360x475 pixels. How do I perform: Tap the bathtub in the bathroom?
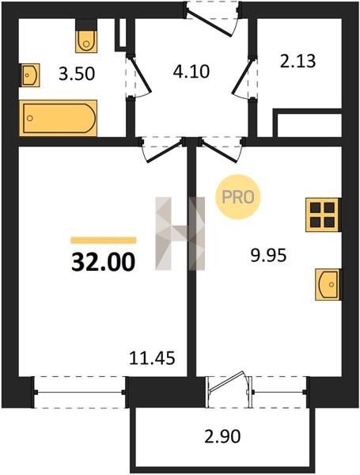[58, 118]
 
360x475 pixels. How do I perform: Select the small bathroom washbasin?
[30, 75]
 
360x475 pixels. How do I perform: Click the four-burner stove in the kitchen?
[322, 215]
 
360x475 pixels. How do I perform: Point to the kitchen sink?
[328, 284]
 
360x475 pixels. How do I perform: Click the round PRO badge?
[238, 197]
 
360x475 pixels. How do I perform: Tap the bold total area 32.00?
[103, 262]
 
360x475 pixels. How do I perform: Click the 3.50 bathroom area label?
[77, 74]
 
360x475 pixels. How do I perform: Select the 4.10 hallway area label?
[191, 72]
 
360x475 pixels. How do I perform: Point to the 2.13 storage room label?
[298, 61]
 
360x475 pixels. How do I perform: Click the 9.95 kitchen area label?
[268, 256]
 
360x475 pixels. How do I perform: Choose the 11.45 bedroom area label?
[152, 359]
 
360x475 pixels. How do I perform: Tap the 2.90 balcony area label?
[222, 436]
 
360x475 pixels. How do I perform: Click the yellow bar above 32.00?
[103, 240]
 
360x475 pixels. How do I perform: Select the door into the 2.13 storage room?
[244, 78]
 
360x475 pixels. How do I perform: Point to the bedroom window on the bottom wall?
[80, 393]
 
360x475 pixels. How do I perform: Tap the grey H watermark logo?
[180, 234]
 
